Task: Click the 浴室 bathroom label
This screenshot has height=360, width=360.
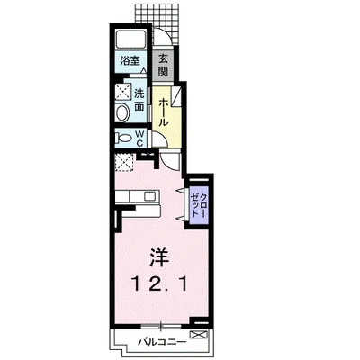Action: pyautogui.click(x=130, y=61)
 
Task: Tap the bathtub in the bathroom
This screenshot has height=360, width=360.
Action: pyautogui.click(x=130, y=39)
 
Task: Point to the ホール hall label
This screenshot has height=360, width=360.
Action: pyautogui.click(x=163, y=112)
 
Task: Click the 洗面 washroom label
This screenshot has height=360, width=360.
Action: pyautogui.click(x=139, y=100)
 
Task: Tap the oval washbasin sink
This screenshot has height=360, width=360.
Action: pyautogui.click(x=122, y=113)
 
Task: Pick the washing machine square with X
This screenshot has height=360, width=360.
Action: pyautogui.click(x=123, y=91)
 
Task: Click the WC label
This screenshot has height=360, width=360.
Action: pyautogui.click(x=139, y=138)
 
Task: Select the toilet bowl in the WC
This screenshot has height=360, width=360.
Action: pyautogui.click(x=123, y=139)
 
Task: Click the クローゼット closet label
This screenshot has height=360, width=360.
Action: pyautogui.click(x=199, y=205)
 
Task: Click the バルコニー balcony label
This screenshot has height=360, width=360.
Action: pyautogui.click(x=162, y=342)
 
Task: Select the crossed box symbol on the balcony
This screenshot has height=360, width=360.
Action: pyautogui.click(x=199, y=335)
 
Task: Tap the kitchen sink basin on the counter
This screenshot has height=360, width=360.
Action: pyautogui.click(x=149, y=196)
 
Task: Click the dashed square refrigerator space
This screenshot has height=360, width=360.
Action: pyautogui.click(x=124, y=162)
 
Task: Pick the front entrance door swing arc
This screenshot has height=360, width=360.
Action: pyautogui.click(x=166, y=34)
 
